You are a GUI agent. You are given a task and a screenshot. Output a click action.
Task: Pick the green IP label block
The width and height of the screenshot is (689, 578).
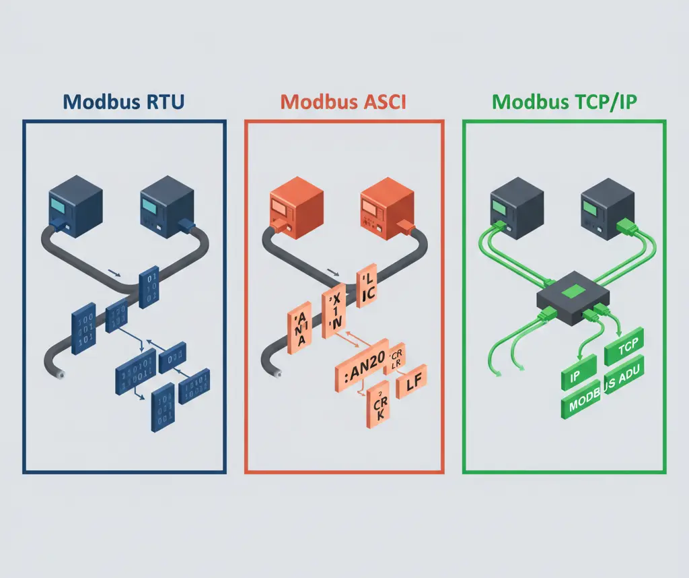pos(578,371)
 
